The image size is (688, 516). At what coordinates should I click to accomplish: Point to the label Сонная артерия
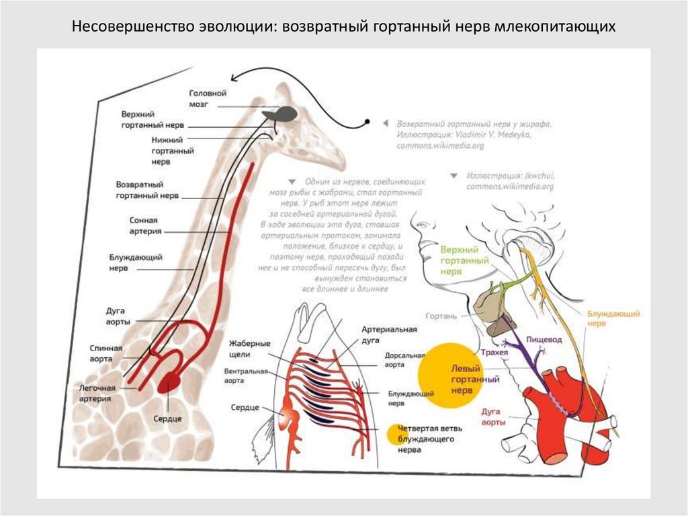tap(146, 225)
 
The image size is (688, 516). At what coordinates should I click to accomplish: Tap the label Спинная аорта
tap(106, 353)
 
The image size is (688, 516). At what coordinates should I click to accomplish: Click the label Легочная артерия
tap(97, 393)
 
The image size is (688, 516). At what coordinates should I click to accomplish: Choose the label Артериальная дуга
tap(390, 335)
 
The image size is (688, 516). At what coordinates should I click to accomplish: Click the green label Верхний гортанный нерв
tap(463, 260)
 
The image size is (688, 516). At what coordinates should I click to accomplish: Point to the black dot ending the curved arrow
tap(368, 121)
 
